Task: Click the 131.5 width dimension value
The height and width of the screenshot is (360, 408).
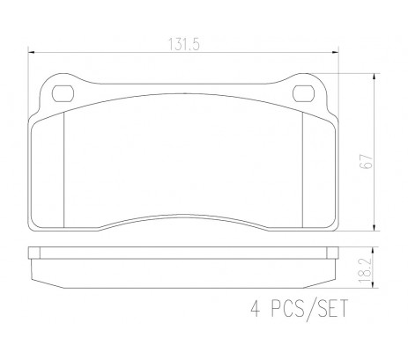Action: coord(184,45)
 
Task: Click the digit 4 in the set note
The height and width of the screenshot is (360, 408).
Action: coord(256,308)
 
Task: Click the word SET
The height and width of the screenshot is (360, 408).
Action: coord(333,308)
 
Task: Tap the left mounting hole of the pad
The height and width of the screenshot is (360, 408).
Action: coord(63,93)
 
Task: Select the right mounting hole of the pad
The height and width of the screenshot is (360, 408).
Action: coord(304,93)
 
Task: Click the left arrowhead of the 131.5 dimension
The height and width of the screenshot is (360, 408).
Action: coord(31,52)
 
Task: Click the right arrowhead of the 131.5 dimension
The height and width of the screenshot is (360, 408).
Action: coord(335,52)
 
